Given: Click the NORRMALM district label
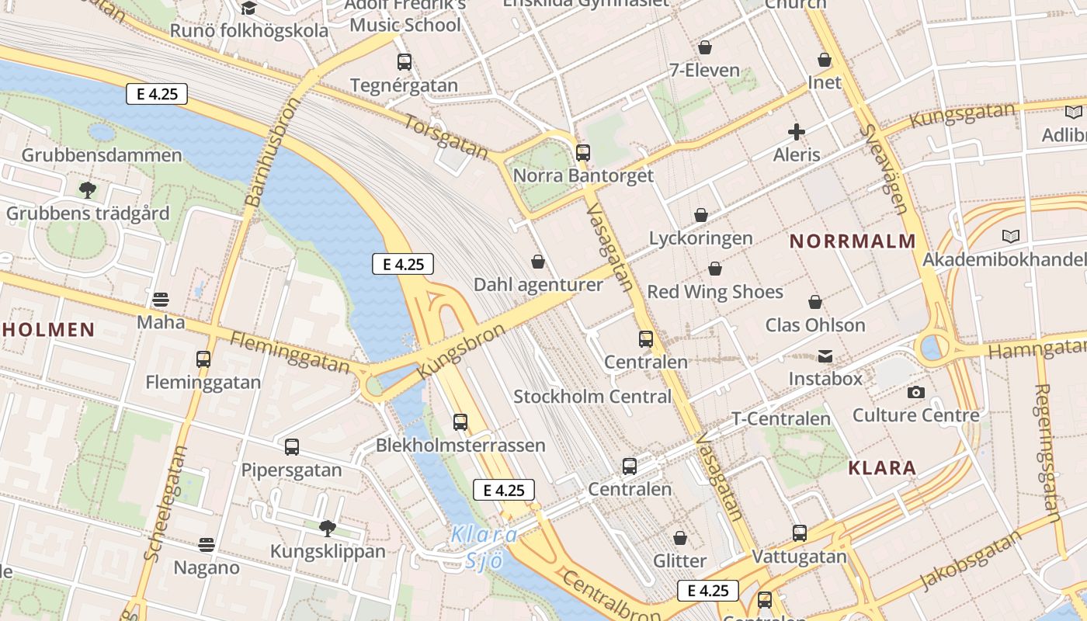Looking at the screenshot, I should (853, 241).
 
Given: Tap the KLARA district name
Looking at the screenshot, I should (882, 468).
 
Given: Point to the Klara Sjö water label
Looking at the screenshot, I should (483, 546).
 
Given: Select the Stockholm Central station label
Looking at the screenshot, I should (592, 397).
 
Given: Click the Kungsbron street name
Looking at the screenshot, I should (460, 352).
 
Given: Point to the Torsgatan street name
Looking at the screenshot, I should (446, 137).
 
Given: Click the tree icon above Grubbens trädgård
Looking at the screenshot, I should (88, 189).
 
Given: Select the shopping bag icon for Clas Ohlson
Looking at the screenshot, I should (815, 302).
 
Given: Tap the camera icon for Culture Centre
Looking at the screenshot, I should (916, 392).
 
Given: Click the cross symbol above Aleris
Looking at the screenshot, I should (796, 132).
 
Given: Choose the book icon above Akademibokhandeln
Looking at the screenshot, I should (1010, 236).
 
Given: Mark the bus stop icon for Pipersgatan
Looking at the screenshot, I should (292, 447).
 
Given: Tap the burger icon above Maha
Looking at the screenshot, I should (161, 299).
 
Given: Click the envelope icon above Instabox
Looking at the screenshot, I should (825, 356).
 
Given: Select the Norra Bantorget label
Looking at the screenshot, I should (583, 175).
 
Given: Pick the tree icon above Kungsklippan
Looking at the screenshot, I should (328, 529).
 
